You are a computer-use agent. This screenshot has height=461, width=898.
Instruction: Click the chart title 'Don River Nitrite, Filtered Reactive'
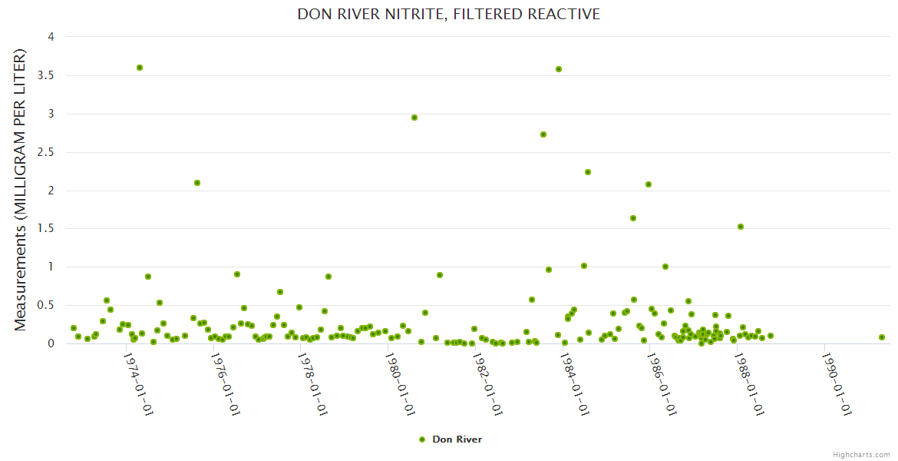(x=449, y=15)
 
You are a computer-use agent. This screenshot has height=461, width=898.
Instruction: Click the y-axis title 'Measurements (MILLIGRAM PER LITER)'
(x=21, y=190)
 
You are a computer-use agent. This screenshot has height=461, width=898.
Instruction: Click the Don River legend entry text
(x=457, y=439)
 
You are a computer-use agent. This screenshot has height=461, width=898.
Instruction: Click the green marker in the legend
(x=421, y=439)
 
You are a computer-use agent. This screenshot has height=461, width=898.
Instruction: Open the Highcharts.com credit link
(x=861, y=454)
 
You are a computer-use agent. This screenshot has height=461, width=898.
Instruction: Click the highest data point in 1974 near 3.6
(x=140, y=68)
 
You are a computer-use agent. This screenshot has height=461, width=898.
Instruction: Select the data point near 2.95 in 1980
(x=414, y=118)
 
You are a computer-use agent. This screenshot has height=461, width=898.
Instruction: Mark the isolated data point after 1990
(x=882, y=337)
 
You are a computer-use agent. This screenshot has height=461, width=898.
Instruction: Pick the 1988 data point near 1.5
(x=741, y=227)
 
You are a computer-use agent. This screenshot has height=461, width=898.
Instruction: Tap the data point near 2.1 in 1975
(x=197, y=183)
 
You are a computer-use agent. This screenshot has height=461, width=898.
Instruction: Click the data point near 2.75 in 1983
(x=543, y=134)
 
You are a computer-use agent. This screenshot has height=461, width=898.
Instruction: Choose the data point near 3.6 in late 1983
(x=559, y=69)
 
